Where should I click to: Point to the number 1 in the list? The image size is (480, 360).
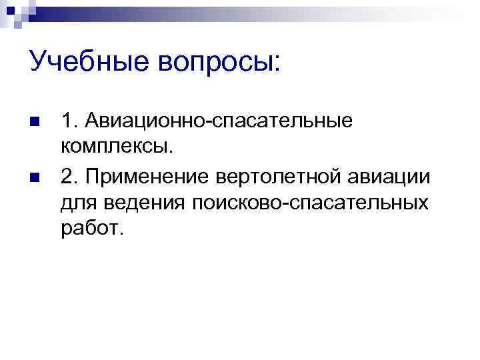click(67, 121)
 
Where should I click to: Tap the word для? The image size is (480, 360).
click(77, 201)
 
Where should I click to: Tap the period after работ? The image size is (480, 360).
click(121, 233)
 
